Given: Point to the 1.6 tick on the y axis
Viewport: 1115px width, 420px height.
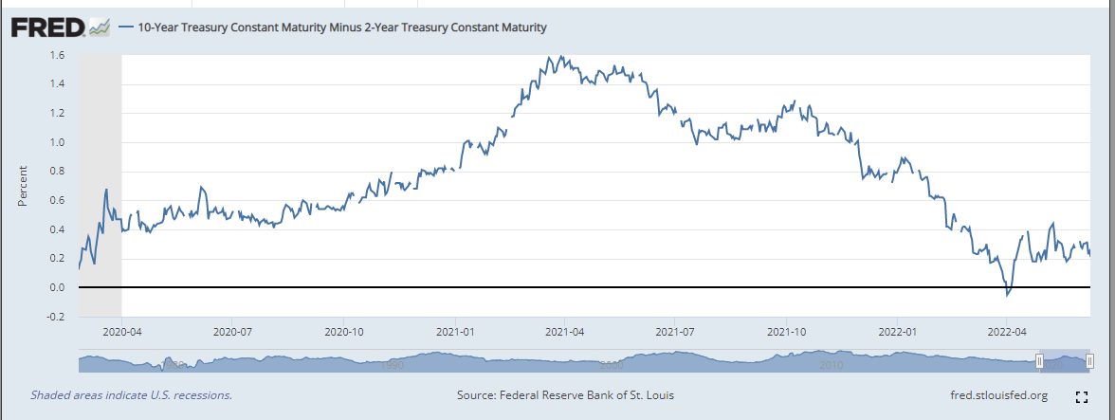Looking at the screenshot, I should (x=59, y=55).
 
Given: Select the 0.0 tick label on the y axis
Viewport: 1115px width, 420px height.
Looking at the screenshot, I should (x=59, y=287).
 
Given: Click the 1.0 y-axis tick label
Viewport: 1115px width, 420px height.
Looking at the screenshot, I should (x=59, y=142).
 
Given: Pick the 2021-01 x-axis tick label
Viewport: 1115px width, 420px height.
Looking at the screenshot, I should (x=456, y=333).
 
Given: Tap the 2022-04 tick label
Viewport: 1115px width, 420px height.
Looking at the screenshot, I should (x=1007, y=333).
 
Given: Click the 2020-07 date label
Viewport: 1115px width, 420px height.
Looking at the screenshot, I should (x=232, y=333).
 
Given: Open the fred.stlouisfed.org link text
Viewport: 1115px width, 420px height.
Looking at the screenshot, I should (x=998, y=395).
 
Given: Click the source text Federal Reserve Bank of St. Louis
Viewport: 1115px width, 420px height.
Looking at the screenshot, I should (x=565, y=395).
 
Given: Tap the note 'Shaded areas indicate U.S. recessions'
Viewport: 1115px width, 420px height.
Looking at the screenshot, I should (x=131, y=395).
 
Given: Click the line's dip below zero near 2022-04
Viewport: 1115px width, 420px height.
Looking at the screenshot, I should (x=1008, y=295).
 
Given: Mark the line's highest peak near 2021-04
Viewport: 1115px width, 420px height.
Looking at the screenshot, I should (x=564, y=57).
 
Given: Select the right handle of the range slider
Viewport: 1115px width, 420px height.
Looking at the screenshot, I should (x=1090, y=361).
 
